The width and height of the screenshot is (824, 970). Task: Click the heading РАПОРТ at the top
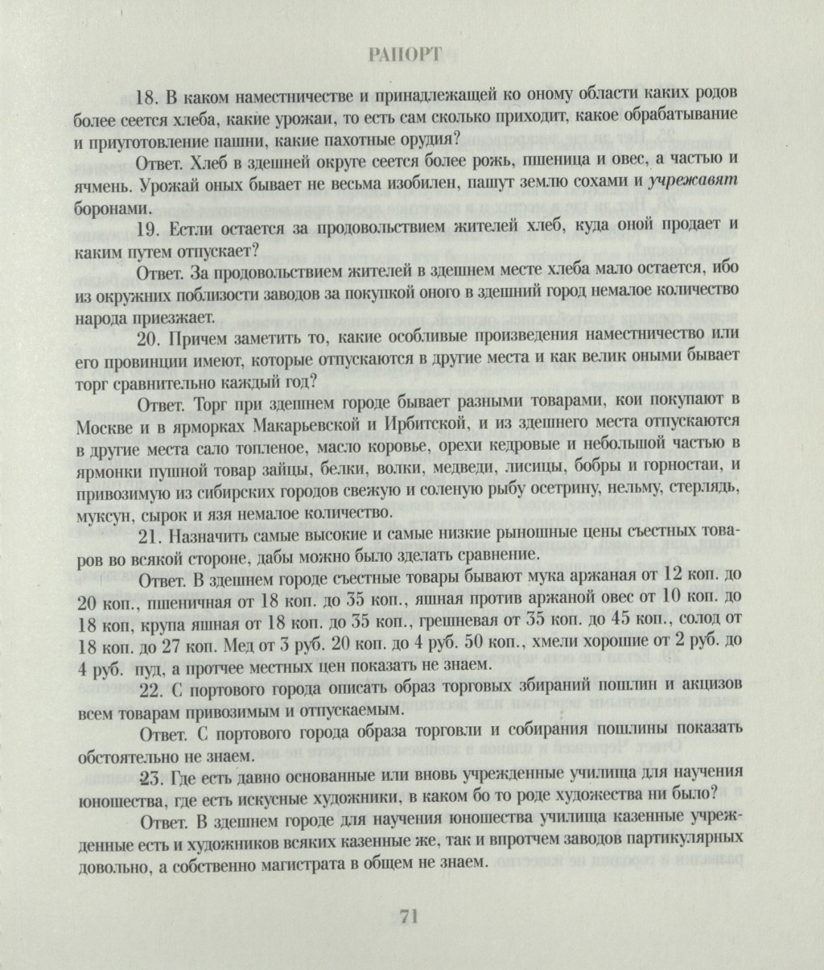[405, 56]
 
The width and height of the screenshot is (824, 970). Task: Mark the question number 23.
[150, 777]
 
